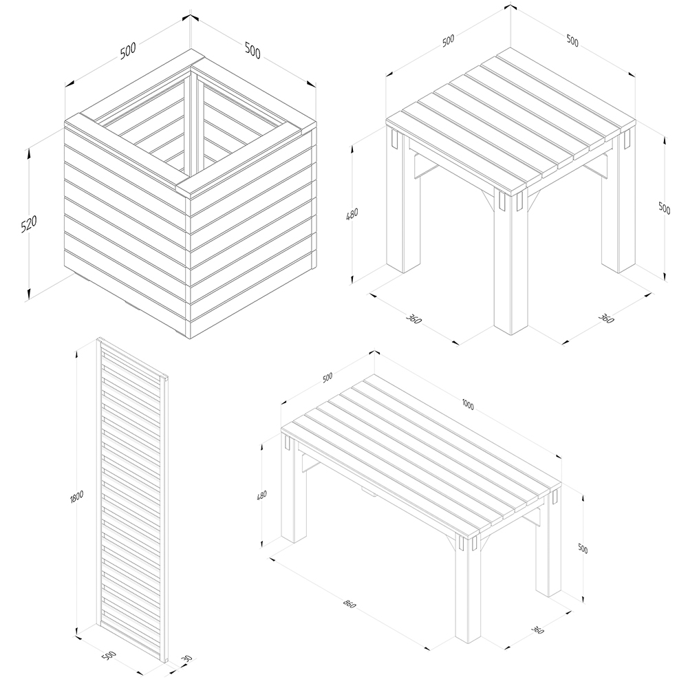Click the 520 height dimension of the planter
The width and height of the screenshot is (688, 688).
[29, 224]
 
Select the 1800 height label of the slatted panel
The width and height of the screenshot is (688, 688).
[77, 496]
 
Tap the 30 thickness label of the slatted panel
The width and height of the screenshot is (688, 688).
[187, 659]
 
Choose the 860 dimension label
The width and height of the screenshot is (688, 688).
[350, 604]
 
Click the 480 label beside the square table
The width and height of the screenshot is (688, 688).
[352, 214]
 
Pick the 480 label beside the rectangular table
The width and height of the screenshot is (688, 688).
[261, 495]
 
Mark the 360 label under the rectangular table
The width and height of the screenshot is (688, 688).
[537, 630]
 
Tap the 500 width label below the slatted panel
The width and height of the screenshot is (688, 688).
[109, 656]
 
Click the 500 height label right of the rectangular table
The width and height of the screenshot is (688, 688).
[583, 548]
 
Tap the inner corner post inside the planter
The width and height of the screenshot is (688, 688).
[193, 123]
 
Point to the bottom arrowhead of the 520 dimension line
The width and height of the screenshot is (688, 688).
[29, 293]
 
